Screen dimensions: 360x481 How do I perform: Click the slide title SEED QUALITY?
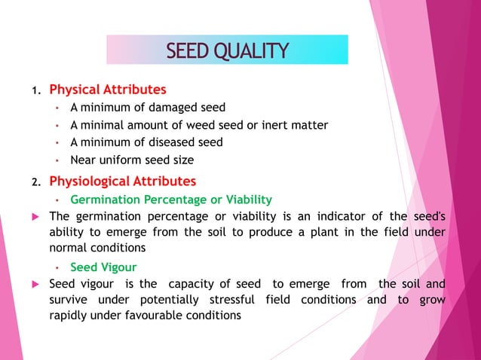point(227,50)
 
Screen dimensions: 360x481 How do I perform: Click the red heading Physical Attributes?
point(107,90)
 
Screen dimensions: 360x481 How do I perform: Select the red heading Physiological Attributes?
point(122,182)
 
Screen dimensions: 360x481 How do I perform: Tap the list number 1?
point(34,92)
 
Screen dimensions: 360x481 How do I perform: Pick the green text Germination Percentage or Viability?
point(170,200)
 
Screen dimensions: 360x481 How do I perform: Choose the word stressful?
point(234,300)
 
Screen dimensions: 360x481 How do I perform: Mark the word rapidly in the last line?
point(69,316)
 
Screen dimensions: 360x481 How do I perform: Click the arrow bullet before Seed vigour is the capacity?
point(35,284)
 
